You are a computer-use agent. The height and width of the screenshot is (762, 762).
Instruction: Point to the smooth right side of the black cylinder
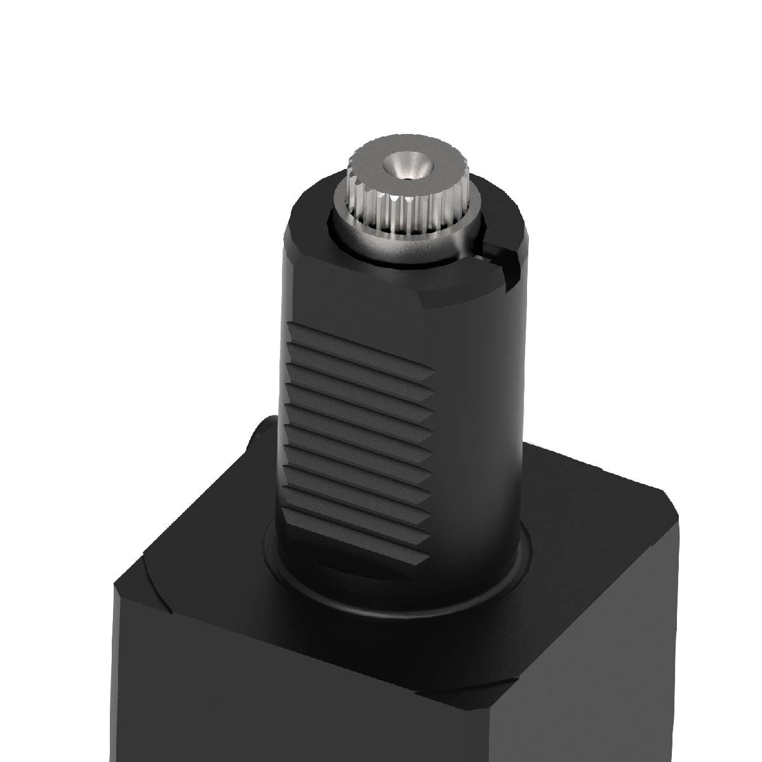pyautogui.click(x=489, y=413)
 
